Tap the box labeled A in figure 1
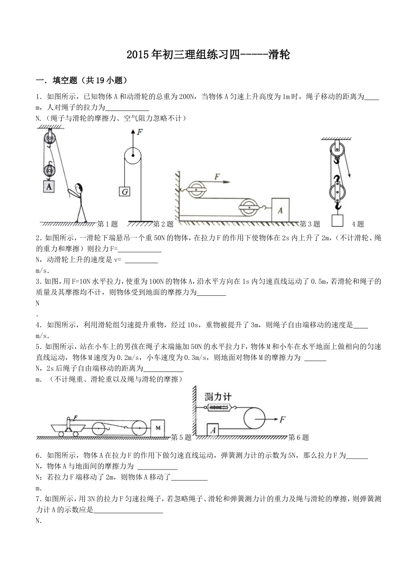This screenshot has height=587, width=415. pos(49,186)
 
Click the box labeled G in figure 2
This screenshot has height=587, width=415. pos(125,191)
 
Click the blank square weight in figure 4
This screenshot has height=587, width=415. pos(337,220)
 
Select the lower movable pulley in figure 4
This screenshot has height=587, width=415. pos(337,191)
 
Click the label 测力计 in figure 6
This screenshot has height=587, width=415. pos(218,397)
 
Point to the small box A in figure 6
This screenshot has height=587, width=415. pos(213,430)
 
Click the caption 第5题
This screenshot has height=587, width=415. pos(181,437)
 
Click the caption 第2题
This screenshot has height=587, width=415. pos(163,224)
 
